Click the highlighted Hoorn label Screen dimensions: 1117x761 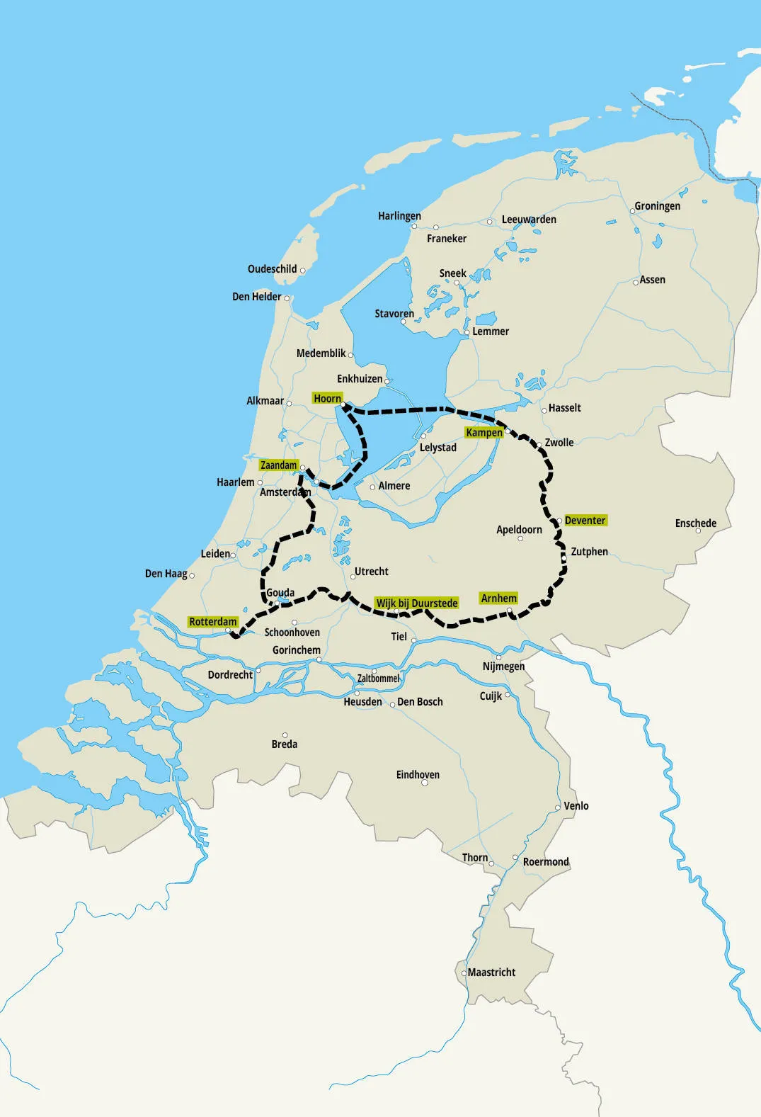tap(327, 399)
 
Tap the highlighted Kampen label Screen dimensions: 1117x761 tap(484, 433)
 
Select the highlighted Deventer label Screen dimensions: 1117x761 tap(585, 521)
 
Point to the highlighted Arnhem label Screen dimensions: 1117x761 tap(498, 599)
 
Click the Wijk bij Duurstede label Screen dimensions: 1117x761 tap(417, 603)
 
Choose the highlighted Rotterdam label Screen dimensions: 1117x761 tap(212, 622)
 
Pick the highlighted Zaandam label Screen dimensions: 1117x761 tap(278, 465)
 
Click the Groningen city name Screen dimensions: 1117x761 tap(657, 206)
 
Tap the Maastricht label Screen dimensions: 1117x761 tap(491, 973)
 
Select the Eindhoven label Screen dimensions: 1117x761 tap(418, 775)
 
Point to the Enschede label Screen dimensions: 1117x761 tap(695, 523)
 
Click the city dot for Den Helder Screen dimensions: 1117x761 tap(287, 298)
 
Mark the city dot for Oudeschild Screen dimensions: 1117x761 tap(303, 270)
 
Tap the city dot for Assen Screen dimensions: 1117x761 tap(636, 282)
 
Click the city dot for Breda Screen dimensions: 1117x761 tap(285, 735)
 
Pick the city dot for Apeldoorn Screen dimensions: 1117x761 tap(520, 538)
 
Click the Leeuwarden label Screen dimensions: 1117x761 tap(529, 220)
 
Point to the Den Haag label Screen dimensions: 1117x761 tap(166, 574)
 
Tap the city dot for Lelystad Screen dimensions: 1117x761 tap(423, 436)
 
